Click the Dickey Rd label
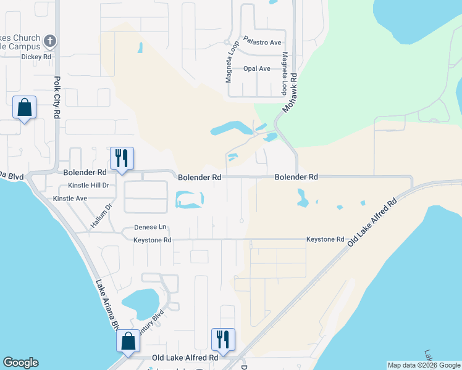pos(35,56)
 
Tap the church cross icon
pos(51,41)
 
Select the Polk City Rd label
pos(57,92)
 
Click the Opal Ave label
pos(257,68)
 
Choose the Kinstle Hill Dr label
pos(88,185)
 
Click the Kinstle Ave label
pos(70,199)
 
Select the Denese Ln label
pos(151,227)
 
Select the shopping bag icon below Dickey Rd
pos(24,107)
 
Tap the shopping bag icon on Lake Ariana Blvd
pos(128,341)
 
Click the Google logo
pos(20,363)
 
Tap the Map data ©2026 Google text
pos(424,365)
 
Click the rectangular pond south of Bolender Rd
pos(190,200)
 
